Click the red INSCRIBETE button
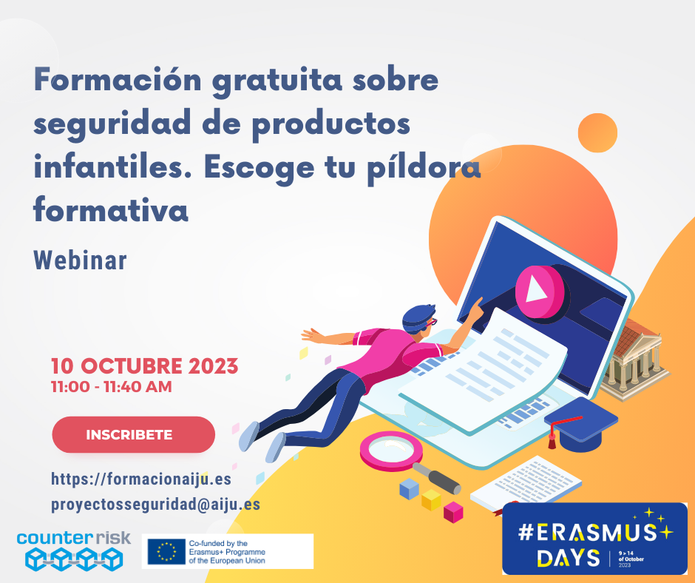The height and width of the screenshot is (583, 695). [133, 434]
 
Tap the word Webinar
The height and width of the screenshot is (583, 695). [81, 260]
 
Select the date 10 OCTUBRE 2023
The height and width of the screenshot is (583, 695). [144, 366]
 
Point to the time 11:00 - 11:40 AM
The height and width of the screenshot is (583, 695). [111, 387]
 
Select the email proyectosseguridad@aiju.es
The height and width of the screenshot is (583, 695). [155, 505]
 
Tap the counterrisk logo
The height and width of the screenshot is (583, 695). [74, 550]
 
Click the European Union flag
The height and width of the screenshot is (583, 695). [166, 551]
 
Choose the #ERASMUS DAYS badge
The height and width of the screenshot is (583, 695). [595, 539]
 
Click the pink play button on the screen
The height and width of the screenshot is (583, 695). [540, 291]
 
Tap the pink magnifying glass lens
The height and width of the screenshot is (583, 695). [391, 451]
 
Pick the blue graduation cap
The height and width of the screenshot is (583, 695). [580, 424]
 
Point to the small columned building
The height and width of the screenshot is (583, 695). [634, 360]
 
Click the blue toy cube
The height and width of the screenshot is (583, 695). [409, 489]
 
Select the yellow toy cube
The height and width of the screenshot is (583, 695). [431, 500]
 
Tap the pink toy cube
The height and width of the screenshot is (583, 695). [453, 512]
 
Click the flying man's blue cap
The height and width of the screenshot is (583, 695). [418, 317]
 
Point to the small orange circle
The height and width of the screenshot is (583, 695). [597, 132]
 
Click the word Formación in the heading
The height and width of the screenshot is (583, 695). [118, 80]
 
